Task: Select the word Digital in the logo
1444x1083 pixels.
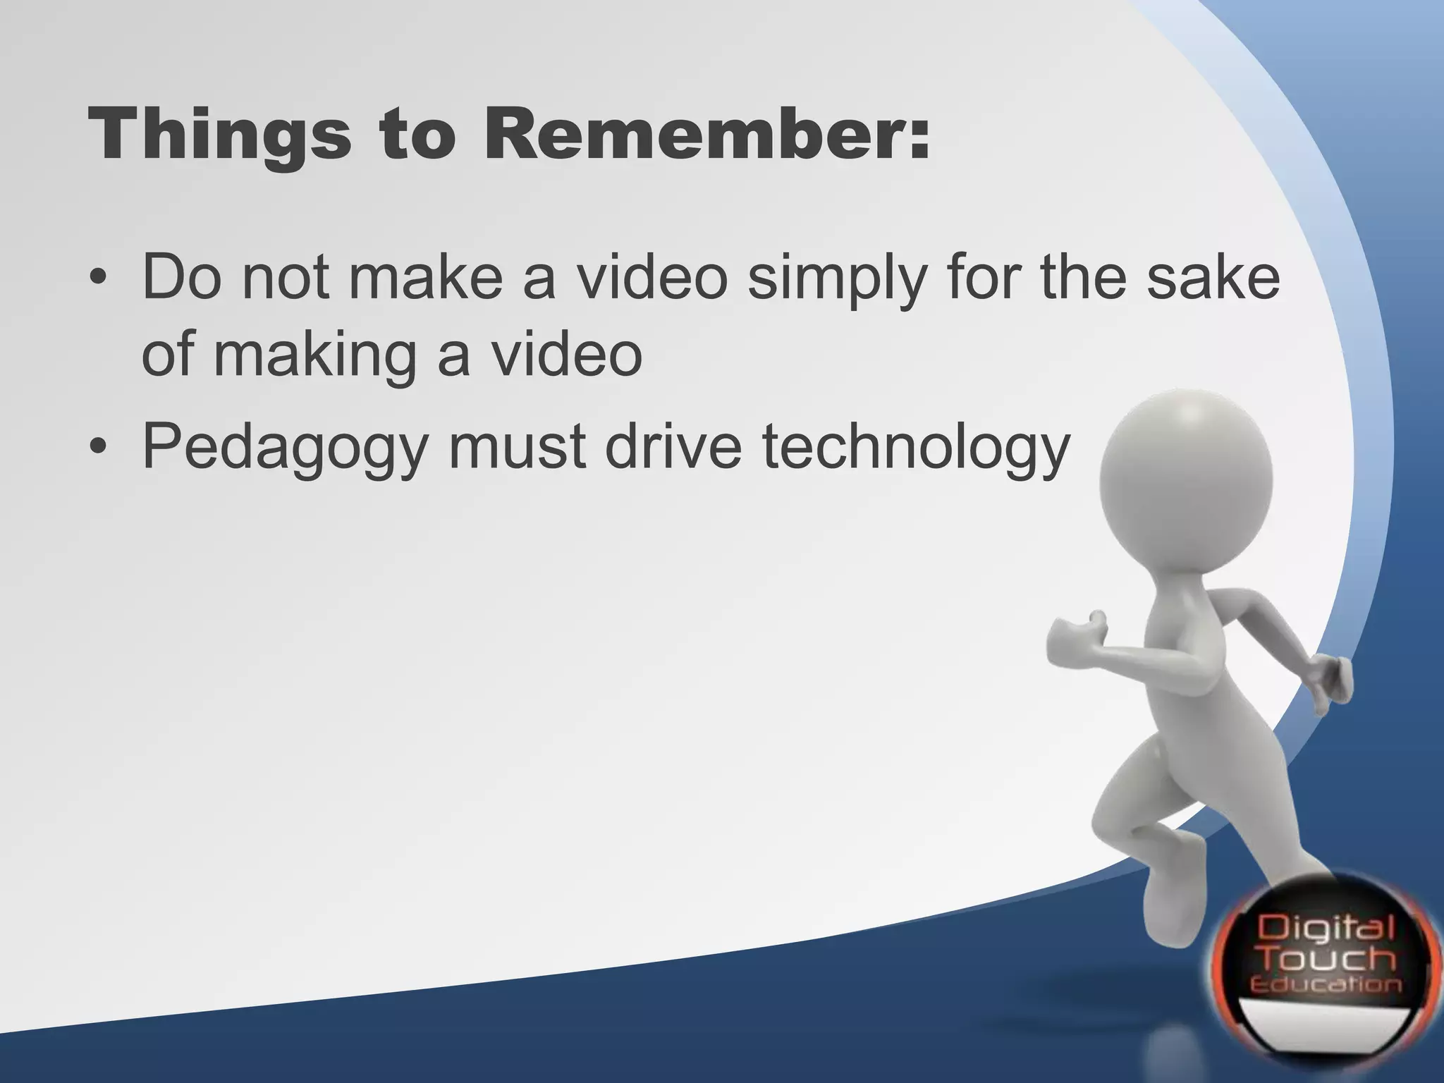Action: pos(1326,928)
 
